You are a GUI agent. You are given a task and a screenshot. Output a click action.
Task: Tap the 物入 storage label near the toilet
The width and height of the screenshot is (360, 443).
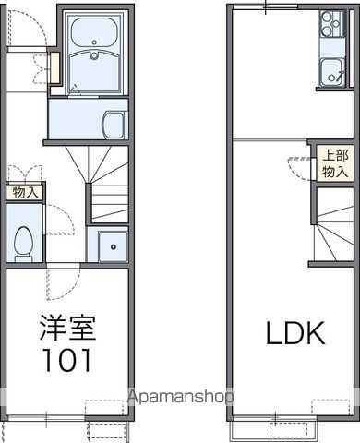tap(25, 193)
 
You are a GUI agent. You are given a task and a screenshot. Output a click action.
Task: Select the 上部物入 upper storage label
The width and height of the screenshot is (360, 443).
tap(333, 163)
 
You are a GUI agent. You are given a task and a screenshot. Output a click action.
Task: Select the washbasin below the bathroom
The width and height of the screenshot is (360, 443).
tap(114, 125)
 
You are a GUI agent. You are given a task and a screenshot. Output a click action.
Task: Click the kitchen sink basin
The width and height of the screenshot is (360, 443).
tap(330, 69)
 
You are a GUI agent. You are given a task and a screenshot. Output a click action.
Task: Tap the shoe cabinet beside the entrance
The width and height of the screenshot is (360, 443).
tap(54, 67)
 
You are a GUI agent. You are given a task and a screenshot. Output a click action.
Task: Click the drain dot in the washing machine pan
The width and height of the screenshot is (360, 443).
tap(113, 246)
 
